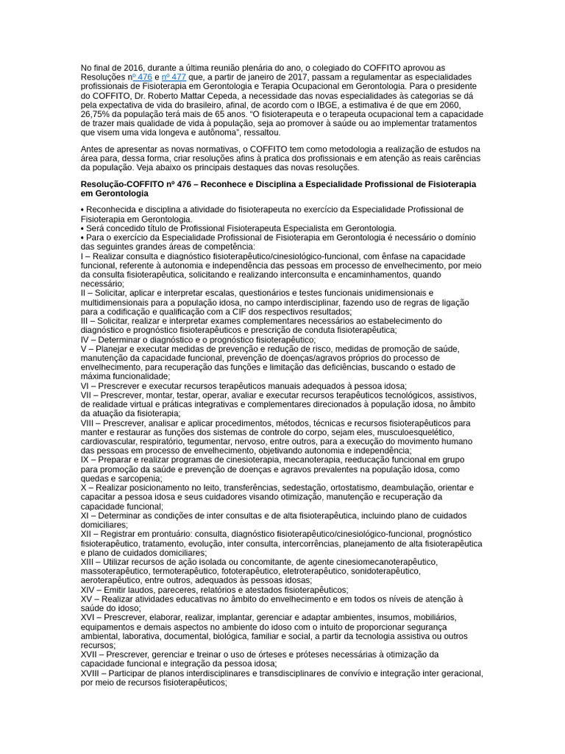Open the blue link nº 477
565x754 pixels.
tap(174, 77)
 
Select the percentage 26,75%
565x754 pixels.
tap(97, 114)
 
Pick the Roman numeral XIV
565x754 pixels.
tap(89, 590)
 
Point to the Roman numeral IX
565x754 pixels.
tap(85, 459)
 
